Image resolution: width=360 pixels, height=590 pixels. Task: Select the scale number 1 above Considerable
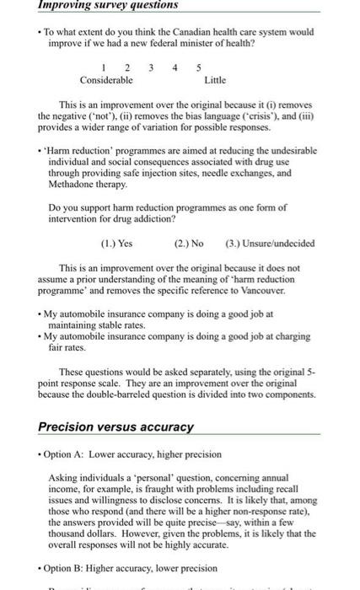pos(102,69)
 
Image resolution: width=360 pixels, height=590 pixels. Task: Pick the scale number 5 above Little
pos(200,69)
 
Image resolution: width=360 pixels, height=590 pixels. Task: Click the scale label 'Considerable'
pos(106,81)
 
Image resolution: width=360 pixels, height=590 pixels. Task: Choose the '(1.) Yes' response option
pos(118,244)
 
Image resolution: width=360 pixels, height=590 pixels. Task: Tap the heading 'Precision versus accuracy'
pos(116,426)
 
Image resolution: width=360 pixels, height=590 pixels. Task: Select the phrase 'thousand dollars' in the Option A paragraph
pos(83,534)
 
